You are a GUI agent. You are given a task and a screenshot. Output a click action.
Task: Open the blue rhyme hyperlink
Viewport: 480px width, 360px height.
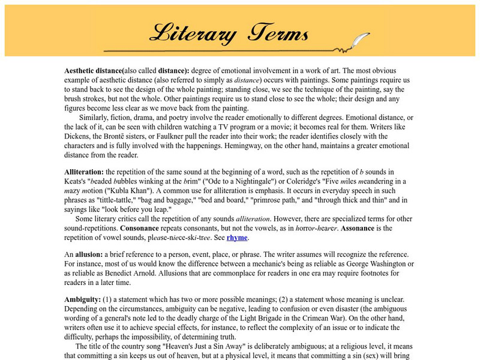click(x=237, y=238)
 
